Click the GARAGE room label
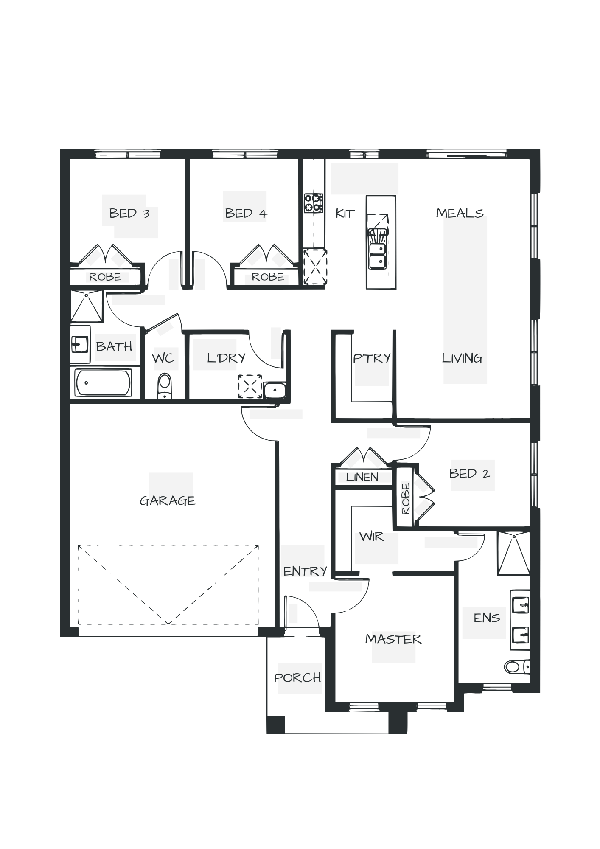pos(167,501)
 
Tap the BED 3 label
pos(129,213)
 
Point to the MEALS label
pos(460,213)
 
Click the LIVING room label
pos(463,359)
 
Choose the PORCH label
pos(298,678)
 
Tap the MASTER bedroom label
pos(393,639)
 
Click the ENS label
pos(487,618)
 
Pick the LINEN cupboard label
pos(362,477)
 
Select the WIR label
pos(372,537)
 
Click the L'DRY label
pos(226,358)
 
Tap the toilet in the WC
pos(164,385)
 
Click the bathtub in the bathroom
pos(104,382)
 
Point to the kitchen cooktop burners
pos(314,203)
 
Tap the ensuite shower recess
pos(513,554)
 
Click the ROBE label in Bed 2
pos(406,498)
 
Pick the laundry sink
pos(275,389)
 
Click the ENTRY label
pos(305,571)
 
